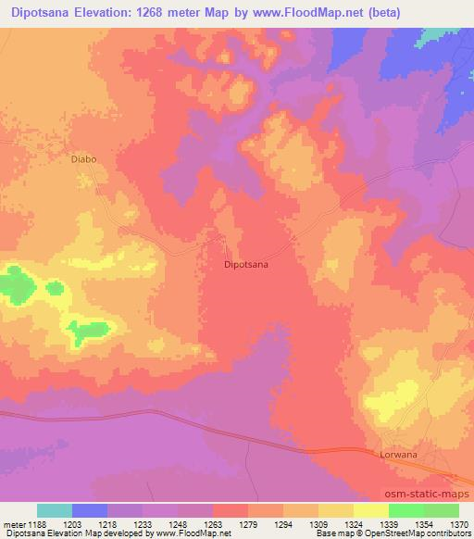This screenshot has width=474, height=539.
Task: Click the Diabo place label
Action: tap(84, 158)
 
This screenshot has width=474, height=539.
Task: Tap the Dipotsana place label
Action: tap(246, 264)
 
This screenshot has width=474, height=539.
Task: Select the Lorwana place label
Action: tap(399, 456)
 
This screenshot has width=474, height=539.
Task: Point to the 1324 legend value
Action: tap(336, 525)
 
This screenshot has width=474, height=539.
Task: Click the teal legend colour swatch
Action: tap(55, 510)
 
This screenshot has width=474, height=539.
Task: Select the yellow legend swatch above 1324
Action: tap(336, 510)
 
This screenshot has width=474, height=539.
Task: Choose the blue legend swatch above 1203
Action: tap(90, 510)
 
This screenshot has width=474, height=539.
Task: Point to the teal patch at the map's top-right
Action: tap(436, 35)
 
